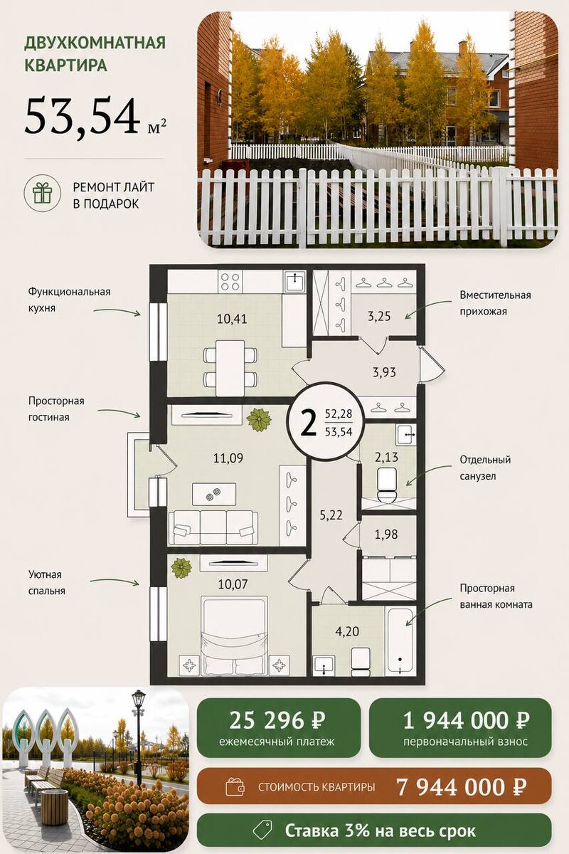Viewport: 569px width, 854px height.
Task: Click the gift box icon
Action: click(x=42, y=193)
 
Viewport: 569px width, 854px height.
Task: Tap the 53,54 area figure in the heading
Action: click(x=81, y=115)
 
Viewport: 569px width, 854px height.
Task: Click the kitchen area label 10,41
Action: click(x=232, y=319)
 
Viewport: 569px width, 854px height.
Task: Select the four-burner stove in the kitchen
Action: click(x=230, y=282)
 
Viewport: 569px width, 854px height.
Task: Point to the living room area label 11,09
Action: click(x=228, y=458)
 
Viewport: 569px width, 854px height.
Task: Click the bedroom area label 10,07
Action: click(x=233, y=584)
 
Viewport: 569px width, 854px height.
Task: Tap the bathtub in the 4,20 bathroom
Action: click(x=400, y=641)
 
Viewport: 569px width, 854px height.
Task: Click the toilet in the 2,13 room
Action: click(x=387, y=485)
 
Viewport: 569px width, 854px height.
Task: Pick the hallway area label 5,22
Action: click(x=331, y=515)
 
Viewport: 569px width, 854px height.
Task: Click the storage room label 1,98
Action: click(x=386, y=534)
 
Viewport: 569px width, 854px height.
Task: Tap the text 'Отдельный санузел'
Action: click(x=485, y=468)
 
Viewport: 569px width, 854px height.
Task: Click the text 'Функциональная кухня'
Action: click(x=69, y=300)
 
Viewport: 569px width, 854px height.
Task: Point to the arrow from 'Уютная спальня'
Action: click(x=115, y=581)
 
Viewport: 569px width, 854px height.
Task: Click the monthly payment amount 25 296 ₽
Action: click(x=277, y=720)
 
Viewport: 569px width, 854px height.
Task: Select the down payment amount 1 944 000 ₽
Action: click(x=466, y=720)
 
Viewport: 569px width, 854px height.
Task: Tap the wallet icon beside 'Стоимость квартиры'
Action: click(x=235, y=786)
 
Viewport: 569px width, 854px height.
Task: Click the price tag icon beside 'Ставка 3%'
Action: click(x=262, y=831)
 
